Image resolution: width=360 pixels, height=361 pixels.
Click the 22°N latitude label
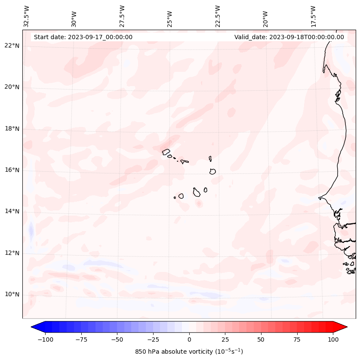click(12, 46)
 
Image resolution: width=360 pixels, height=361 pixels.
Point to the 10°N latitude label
click(12, 294)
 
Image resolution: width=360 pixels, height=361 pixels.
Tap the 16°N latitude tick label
click(12, 170)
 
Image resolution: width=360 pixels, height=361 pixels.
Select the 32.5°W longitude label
click(27, 16)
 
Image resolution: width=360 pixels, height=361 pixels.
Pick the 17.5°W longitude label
click(313, 16)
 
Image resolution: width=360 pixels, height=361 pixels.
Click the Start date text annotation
click(83, 37)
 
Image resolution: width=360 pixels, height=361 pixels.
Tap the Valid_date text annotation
click(289, 37)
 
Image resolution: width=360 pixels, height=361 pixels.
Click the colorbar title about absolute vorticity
click(189, 352)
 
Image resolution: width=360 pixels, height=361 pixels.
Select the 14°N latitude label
click(12, 211)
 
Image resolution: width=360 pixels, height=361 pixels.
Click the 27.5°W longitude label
click(122, 16)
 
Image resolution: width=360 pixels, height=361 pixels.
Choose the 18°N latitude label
click(12, 129)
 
